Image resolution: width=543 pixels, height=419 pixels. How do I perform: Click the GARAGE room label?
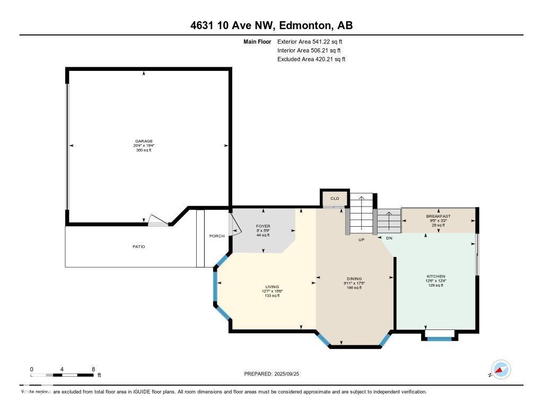coord(144,141)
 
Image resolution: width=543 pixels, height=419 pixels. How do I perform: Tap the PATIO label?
coord(138,246)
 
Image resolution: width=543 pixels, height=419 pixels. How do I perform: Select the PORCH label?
coord(217,236)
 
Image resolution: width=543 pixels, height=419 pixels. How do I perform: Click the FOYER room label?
coord(263,226)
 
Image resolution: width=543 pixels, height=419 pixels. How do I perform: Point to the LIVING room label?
coord(272,287)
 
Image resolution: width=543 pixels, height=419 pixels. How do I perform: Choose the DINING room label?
coord(354,279)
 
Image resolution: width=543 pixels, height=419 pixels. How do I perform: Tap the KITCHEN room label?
coord(436,277)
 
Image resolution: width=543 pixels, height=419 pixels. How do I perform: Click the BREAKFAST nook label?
coord(438,216)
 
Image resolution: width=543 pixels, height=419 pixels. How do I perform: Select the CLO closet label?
coord(335,199)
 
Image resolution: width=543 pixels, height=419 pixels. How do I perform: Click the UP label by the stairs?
coord(361,239)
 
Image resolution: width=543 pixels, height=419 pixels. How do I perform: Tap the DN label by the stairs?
coord(389,238)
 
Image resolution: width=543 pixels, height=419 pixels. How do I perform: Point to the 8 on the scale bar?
coord(93,369)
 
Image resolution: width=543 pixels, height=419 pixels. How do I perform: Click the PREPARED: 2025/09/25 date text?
coord(275,373)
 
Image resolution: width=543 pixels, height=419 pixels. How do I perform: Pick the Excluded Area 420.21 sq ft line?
coord(311,59)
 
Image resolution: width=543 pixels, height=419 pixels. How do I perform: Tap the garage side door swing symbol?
coord(157,220)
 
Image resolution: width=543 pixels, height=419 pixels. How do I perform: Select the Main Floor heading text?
coord(257,41)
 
